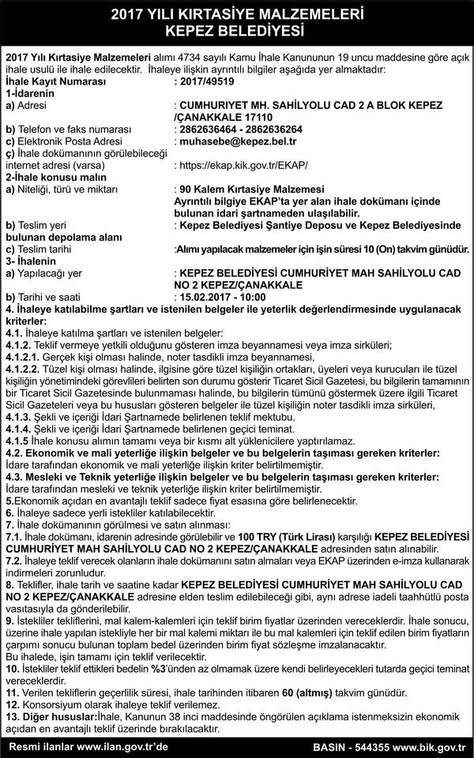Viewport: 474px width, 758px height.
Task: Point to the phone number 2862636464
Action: [x=208, y=129]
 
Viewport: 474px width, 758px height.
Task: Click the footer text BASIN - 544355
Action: [x=350, y=746]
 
